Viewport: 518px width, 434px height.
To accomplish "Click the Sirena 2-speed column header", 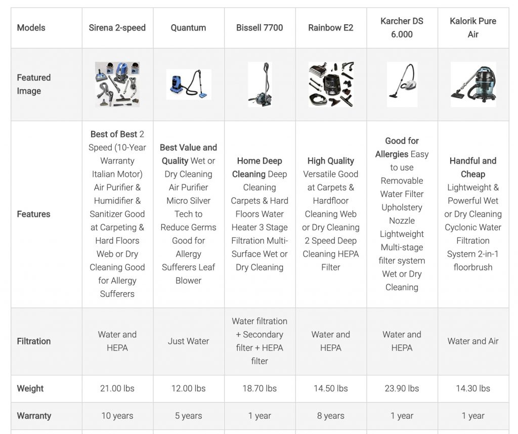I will [117, 28].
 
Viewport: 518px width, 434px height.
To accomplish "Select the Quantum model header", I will [188, 28].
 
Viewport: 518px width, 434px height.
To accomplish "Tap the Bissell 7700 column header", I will [260, 28].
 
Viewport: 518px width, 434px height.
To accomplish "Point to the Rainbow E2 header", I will [330, 28].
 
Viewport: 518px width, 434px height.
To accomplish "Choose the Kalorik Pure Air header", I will [472, 28].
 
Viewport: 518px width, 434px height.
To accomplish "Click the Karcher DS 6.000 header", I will [402, 28].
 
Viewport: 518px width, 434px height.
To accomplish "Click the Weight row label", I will [30, 388].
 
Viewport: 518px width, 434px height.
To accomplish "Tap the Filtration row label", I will [34, 341].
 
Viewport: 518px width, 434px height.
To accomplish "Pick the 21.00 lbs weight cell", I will [117, 388].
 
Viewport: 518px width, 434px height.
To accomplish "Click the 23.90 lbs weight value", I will [402, 388].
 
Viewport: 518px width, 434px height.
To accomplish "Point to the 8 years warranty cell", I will [330, 416].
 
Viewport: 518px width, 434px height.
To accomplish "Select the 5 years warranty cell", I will [188, 416].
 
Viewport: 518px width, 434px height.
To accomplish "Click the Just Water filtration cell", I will [188, 341].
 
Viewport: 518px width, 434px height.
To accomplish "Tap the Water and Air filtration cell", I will [472, 341].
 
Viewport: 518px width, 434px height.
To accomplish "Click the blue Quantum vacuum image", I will [188, 85].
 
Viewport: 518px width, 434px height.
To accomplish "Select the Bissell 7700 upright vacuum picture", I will [260, 85].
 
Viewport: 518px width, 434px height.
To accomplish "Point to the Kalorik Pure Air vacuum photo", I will [472, 85].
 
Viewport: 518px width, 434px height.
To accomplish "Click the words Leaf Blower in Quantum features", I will [188, 273].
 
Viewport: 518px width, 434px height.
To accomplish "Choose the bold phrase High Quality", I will [330, 161].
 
